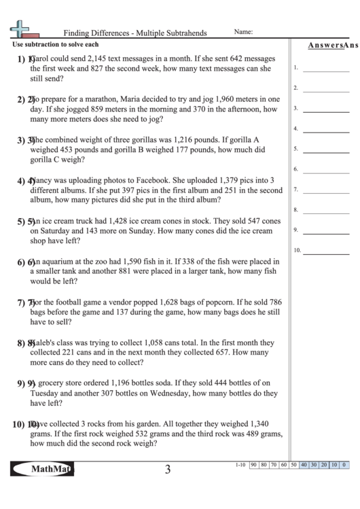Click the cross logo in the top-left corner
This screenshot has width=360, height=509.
[x=20, y=29]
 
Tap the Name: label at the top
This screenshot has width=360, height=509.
[x=244, y=31]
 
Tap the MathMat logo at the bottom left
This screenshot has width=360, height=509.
[x=42, y=468]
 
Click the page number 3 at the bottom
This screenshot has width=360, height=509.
[x=167, y=469]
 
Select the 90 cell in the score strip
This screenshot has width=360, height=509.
[x=253, y=465]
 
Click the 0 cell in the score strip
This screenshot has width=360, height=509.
[x=344, y=465]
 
